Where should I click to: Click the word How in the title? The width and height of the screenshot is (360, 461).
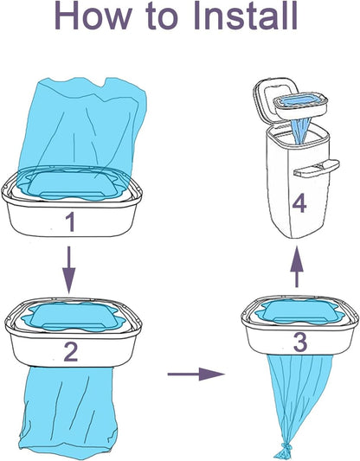tap(93, 16)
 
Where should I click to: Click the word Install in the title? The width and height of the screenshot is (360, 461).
tap(245, 16)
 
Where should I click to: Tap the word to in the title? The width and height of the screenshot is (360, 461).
tap(162, 17)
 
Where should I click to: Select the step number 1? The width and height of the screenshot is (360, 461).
tap(71, 222)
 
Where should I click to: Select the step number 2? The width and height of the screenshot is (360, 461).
tap(71, 352)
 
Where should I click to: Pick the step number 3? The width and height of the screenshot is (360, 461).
tap(300, 342)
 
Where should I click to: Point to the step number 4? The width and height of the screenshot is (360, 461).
tap(299, 204)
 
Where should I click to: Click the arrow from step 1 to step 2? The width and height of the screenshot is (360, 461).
tap(69, 270)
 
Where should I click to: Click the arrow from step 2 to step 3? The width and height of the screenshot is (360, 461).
tap(196, 374)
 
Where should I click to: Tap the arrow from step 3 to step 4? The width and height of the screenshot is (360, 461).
tap(297, 267)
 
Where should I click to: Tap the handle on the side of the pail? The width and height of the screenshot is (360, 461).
tap(317, 168)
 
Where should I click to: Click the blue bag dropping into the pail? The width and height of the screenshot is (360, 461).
tap(299, 131)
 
